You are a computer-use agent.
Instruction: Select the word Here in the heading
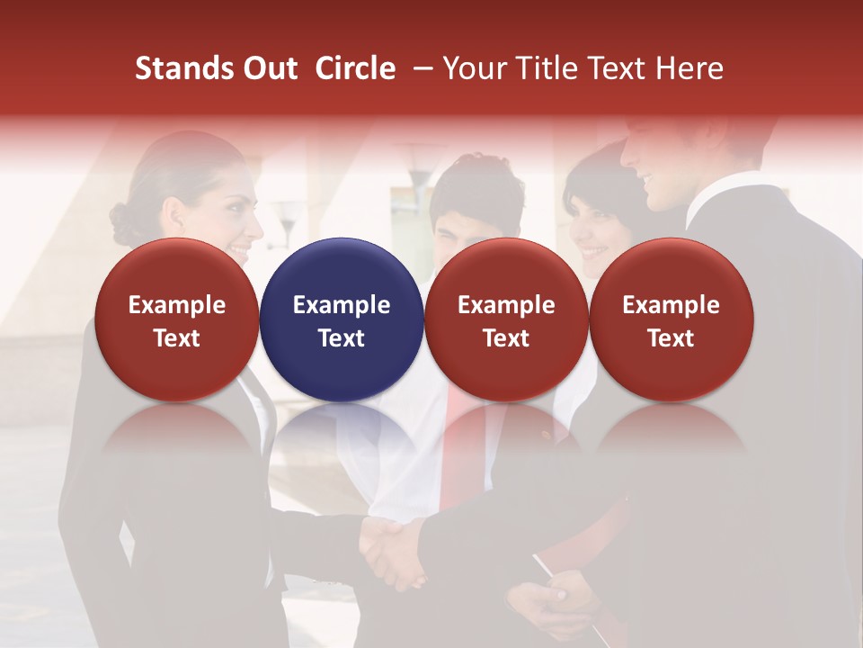(x=690, y=68)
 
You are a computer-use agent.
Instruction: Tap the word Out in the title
(x=269, y=68)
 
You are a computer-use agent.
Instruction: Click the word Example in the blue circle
(x=342, y=305)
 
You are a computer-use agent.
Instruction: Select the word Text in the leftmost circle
(x=177, y=338)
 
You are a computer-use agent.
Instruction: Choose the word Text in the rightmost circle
(x=671, y=338)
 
